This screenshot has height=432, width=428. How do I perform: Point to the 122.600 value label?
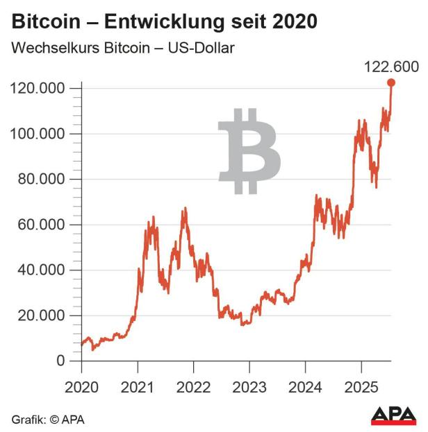(x=392, y=67)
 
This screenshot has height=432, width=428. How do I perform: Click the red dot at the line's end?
(x=391, y=83)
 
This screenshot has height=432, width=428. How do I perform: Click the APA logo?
(x=393, y=415)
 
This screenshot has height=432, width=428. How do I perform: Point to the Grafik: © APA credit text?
(x=48, y=420)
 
